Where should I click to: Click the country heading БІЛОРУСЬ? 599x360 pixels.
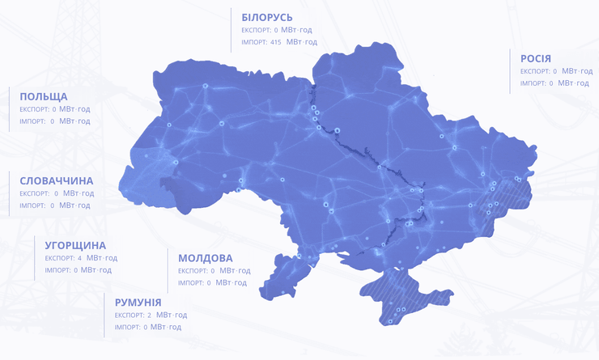pos(267,17)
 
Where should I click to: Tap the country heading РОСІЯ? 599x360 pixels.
pos(536,58)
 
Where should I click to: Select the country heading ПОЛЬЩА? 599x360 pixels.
pos(44,96)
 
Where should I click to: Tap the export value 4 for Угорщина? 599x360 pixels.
pos(79,258)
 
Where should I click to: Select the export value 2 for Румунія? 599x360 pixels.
pos(150,315)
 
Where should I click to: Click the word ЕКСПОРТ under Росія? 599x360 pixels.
pos(535,71)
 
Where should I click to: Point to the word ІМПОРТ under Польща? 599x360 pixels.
pos(32,121)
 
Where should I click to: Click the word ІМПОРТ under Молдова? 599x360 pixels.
pos(191,283)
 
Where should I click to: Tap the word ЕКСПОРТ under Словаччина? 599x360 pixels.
pos(35,193)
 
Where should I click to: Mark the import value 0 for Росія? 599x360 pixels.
pos(551,83)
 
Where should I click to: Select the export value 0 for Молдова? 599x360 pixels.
pos(212,271)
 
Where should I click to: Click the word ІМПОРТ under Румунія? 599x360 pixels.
pos(127,328)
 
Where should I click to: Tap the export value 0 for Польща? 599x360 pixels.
pos(54,108)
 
